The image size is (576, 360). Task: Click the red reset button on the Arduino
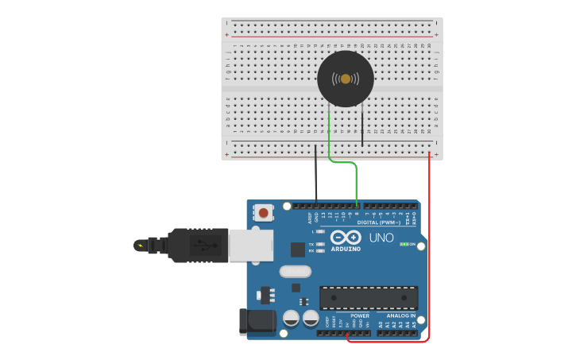point(263,212)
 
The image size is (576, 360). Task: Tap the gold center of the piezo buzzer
point(346,79)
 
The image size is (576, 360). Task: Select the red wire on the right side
point(430,238)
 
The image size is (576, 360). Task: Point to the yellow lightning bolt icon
point(141,246)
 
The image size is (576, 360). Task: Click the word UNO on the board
point(381,238)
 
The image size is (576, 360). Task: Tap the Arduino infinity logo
point(346,237)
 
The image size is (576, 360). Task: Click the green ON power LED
point(404,244)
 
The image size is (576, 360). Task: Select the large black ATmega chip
point(369,298)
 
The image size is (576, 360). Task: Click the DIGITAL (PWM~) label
point(378,223)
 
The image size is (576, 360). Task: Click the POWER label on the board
point(360,315)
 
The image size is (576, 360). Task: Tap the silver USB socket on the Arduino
point(250,245)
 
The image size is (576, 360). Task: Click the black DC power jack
point(257,322)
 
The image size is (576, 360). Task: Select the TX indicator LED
point(319,244)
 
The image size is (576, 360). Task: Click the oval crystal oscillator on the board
point(295,271)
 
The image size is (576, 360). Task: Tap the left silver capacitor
point(292,318)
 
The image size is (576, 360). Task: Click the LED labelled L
point(320,231)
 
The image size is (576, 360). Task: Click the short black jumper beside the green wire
point(362,127)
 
